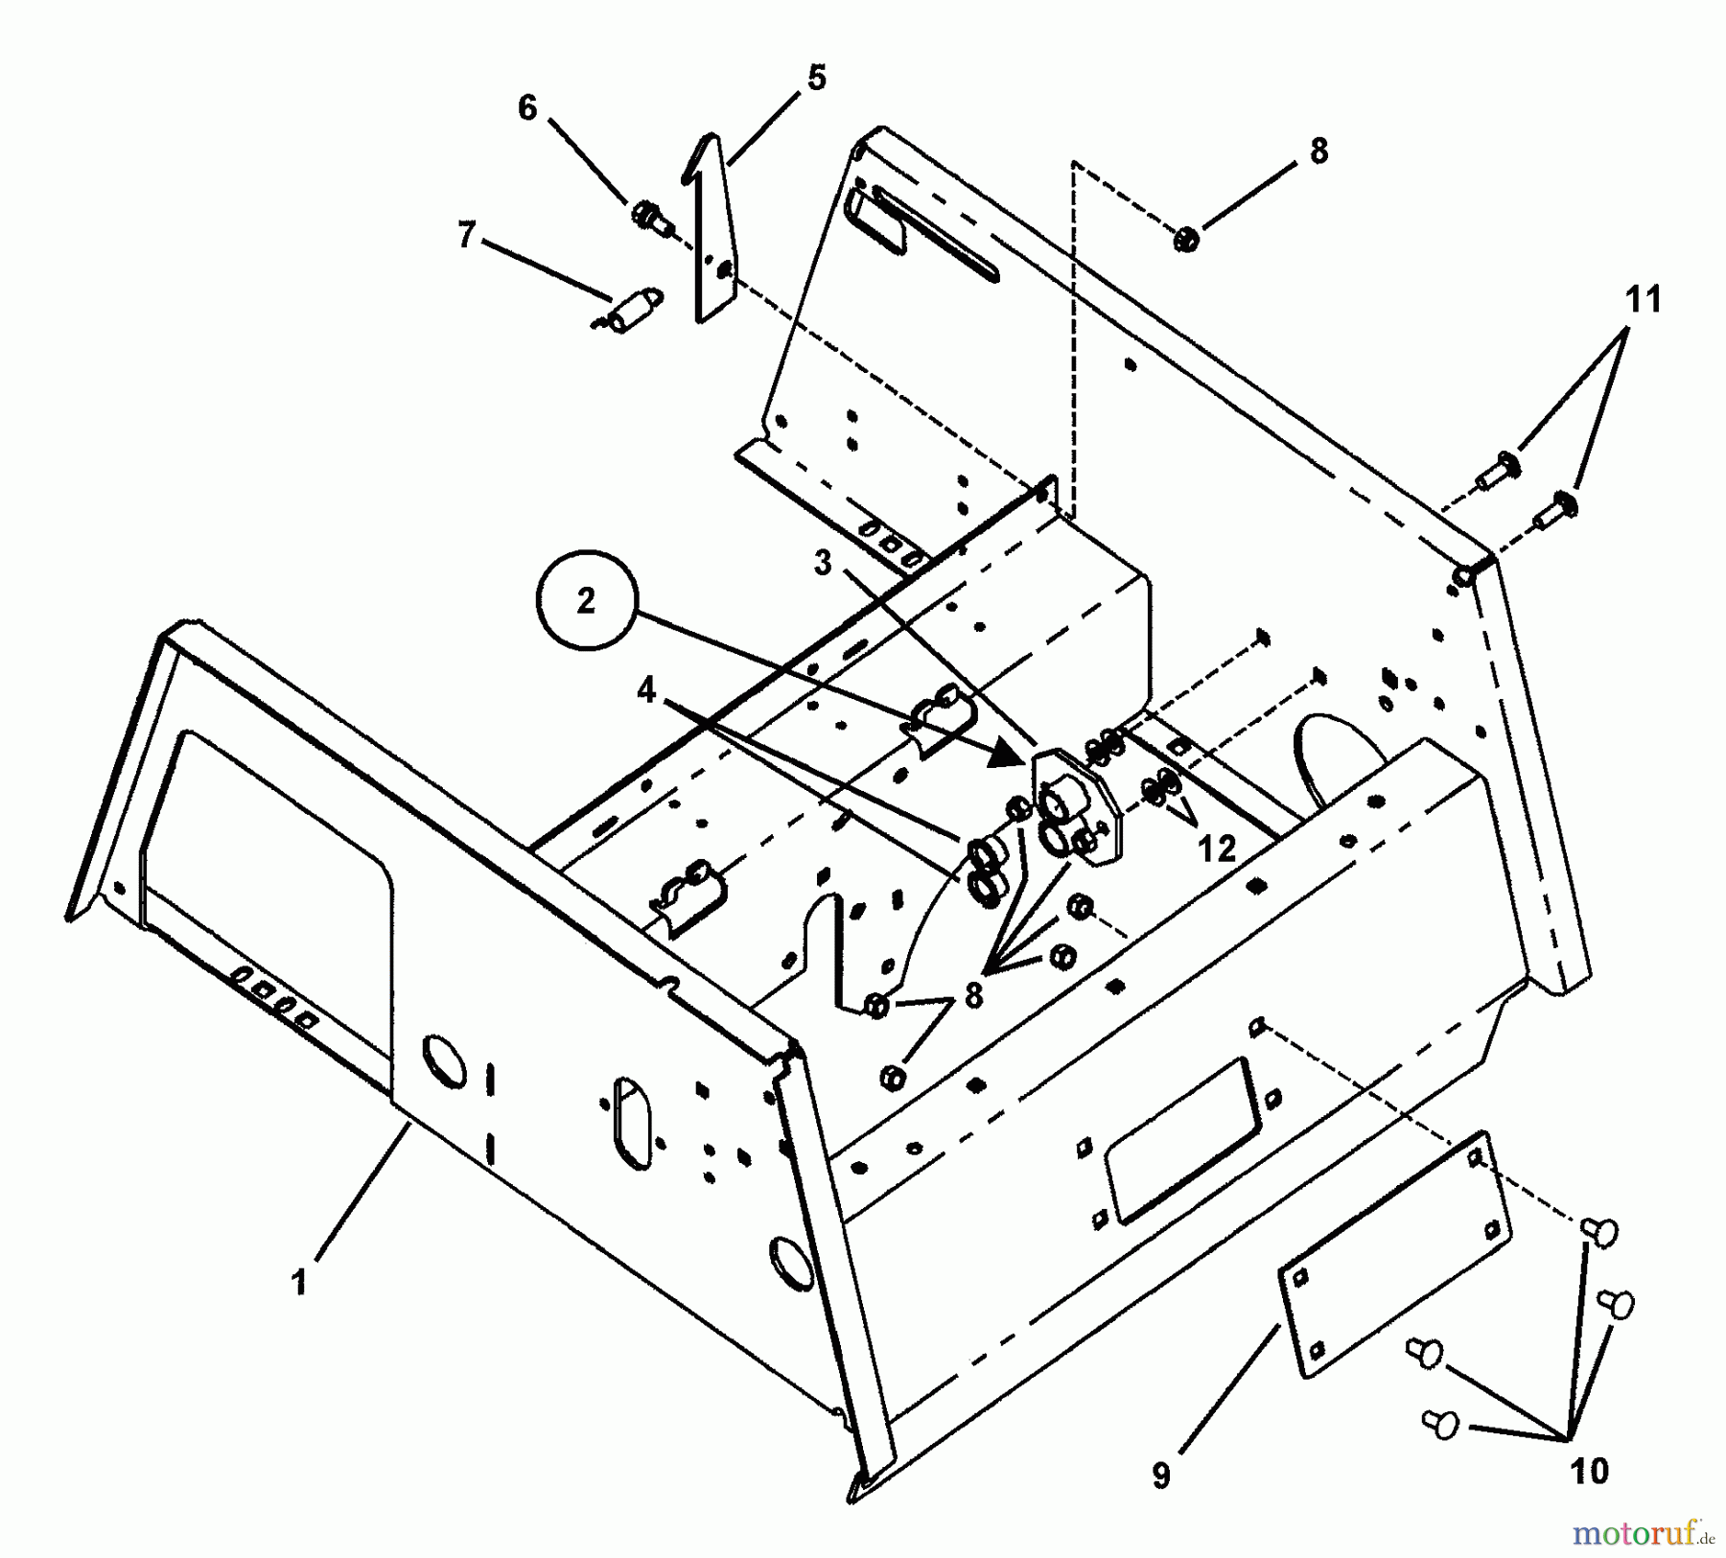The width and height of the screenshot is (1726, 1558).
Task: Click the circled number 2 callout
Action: tap(585, 601)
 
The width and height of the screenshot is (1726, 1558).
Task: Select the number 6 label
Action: tap(527, 108)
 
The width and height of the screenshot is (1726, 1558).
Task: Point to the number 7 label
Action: tap(467, 235)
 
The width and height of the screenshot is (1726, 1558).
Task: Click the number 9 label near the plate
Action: tap(1161, 1475)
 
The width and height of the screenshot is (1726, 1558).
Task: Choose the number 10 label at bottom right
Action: tap(1589, 1470)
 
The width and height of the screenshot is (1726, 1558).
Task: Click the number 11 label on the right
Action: tap(1643, 300)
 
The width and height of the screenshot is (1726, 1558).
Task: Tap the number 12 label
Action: tap(1217, 848)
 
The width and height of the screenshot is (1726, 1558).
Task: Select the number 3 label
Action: tap(823, 564)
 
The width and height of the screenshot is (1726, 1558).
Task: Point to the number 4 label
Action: tap(646, 688)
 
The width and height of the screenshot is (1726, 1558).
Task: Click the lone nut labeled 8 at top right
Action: tap(1185, 239)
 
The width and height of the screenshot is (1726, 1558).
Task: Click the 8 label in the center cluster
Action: tap(973, 995)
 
